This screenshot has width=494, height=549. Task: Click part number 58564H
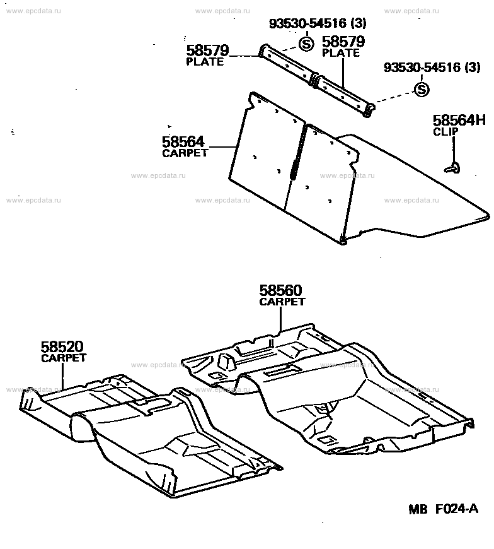[x=459, y=121]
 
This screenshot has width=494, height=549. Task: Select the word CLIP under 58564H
[x=445, y=132]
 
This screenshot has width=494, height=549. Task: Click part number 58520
[x=62, y=346]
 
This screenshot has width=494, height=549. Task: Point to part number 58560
[x=280, y=291]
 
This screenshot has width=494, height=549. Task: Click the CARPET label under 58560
[x=282, y=302]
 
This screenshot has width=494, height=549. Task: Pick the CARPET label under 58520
[x=64, y=358]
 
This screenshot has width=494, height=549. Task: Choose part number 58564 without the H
[x=183, y=142]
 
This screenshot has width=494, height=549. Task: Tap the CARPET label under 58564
[x=185, y=153]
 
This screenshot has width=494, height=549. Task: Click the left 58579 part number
[x=207, y=50]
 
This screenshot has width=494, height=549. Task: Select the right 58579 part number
[x=343, y=42]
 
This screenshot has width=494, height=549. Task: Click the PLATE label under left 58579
[x=205, y=62]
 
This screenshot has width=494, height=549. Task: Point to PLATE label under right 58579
[x=341, y=53]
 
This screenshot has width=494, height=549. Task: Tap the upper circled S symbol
[x=306, y=44]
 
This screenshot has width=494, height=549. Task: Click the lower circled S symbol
[x=422, y=90]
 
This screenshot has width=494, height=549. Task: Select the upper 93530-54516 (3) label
[x=318, y=23]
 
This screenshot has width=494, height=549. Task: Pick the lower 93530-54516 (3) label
[x=432, y=68]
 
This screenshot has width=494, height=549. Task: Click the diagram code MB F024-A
[x=444, y=509]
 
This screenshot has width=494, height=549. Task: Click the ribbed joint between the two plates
[x=314, y=80]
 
